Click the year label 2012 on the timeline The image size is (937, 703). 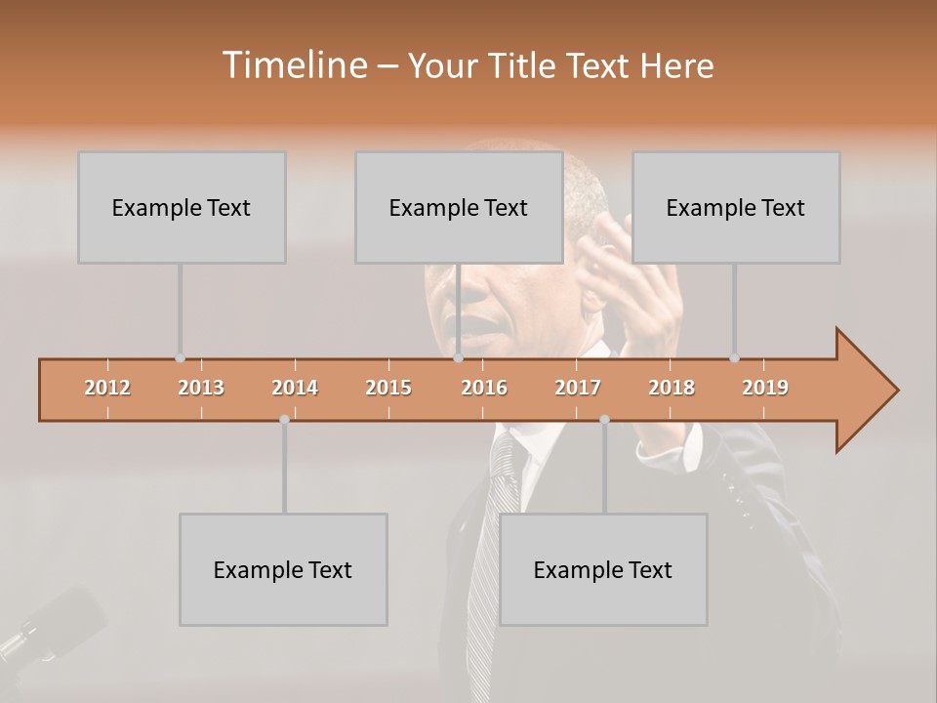point(107,388)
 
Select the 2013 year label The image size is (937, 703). point(201,388)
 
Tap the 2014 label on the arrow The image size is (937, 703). point(295,388)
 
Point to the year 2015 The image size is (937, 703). point(388,388)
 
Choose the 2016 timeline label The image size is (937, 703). point(484,388)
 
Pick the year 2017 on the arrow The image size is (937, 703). point(578,388)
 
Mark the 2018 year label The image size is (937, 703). point(672,388)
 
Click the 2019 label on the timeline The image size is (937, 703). point(765,388)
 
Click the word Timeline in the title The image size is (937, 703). point(293,65)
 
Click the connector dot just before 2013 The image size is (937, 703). point(180,358)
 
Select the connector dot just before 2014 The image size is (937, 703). point(284,420)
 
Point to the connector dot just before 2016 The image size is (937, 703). point(458,358)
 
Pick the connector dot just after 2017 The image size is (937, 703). point(604,420)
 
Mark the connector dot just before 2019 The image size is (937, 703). point(734,358)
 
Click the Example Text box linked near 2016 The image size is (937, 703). point(459,207)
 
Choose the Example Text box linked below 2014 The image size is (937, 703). point(283,569)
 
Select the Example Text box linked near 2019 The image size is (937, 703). point(736,207)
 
